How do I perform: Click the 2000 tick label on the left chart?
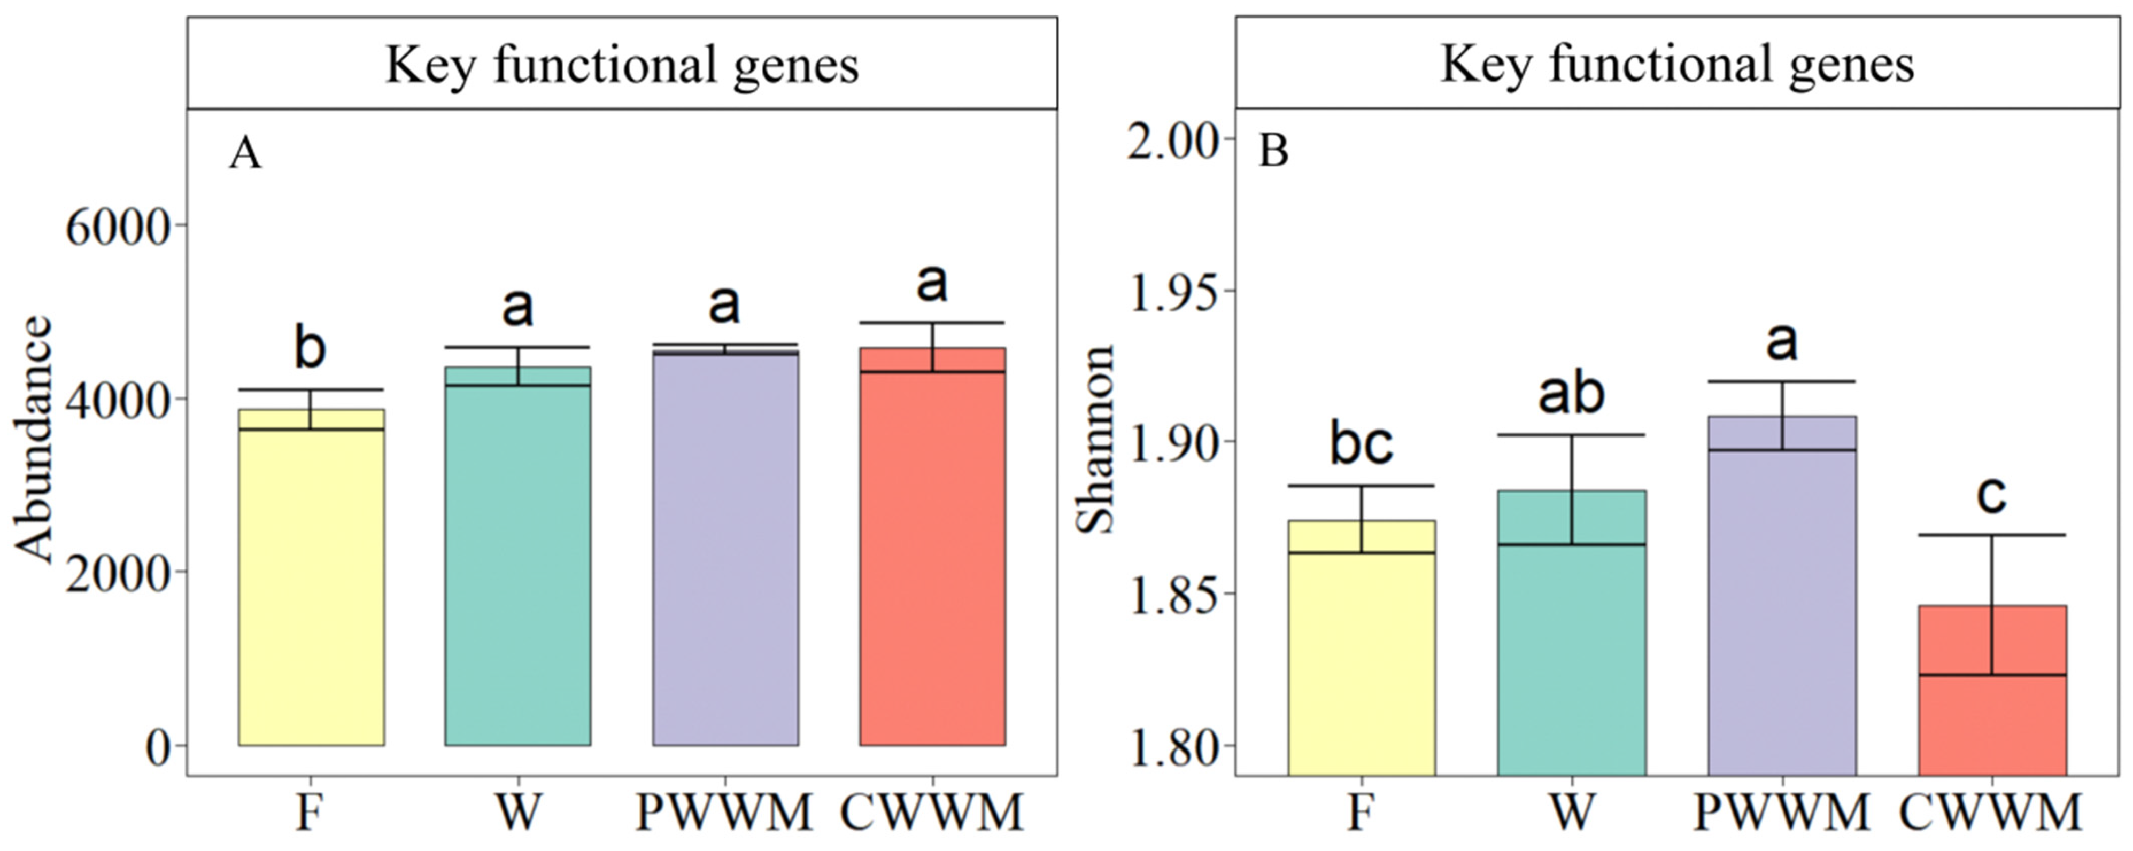[x=116, y=573]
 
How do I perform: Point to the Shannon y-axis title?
[x=1095, y=440]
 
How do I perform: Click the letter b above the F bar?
[x=310, y=348]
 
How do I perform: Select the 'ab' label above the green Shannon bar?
[x=1571, y=394]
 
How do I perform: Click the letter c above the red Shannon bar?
[x=1991, y=495]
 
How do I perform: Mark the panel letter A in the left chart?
[x=245, y=154]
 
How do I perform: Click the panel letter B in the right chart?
[x=1273, y=152]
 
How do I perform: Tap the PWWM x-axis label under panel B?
[x=1782, y=813]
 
